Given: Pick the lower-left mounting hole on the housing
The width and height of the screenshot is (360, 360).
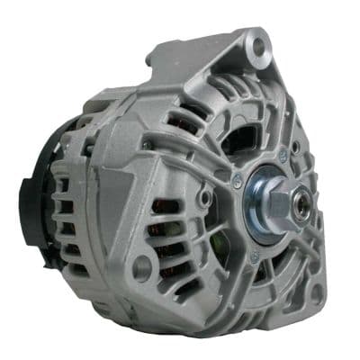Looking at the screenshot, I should coord(141,268).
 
